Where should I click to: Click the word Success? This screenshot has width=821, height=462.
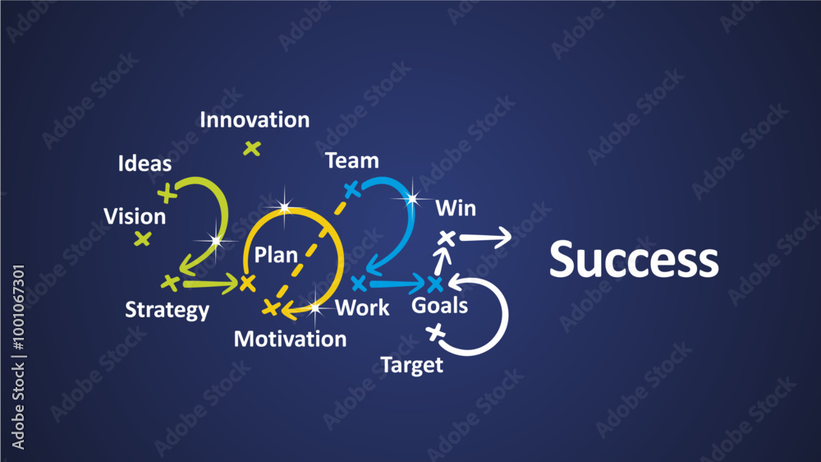coord(633,259)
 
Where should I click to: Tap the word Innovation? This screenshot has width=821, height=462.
coord(255,120)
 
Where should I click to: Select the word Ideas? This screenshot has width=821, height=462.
coord(144,164)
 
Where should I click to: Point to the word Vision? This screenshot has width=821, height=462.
coord(135,217)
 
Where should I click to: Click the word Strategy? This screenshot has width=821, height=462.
coord(167,311)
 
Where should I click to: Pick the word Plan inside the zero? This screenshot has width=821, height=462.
coord(275,255)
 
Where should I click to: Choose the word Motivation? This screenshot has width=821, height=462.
coord(290,339)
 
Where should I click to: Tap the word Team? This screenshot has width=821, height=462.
coord(351,161)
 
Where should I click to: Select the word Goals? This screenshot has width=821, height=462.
coord(439,307)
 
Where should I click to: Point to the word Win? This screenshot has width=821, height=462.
coord(455,209)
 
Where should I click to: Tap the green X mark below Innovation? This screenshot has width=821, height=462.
coord(252,149)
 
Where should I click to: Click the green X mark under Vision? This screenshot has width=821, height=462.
coord(143,239)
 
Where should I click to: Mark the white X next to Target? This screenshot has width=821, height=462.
coord(435,332)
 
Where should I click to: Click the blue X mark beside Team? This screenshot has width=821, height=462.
coord(351,190)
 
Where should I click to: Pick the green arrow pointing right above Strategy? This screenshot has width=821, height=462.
coord(209,284)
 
